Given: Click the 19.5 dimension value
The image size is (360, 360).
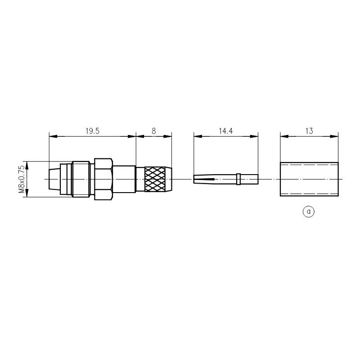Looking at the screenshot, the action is click(92, 131).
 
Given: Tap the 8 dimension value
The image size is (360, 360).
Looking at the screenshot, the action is click(153, 131).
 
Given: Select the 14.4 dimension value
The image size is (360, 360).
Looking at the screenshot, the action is click(225, 131).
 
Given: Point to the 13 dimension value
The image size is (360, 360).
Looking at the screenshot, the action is click(309, 131).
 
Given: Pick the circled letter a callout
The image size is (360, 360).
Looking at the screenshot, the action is click(308, 211).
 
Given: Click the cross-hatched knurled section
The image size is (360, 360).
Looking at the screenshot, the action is click(155, 179).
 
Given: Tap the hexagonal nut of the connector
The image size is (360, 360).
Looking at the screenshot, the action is click(103, 179).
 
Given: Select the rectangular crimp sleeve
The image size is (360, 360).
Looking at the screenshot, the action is click(309, 179).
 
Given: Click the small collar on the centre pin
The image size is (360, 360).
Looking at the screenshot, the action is click(238, 179).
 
